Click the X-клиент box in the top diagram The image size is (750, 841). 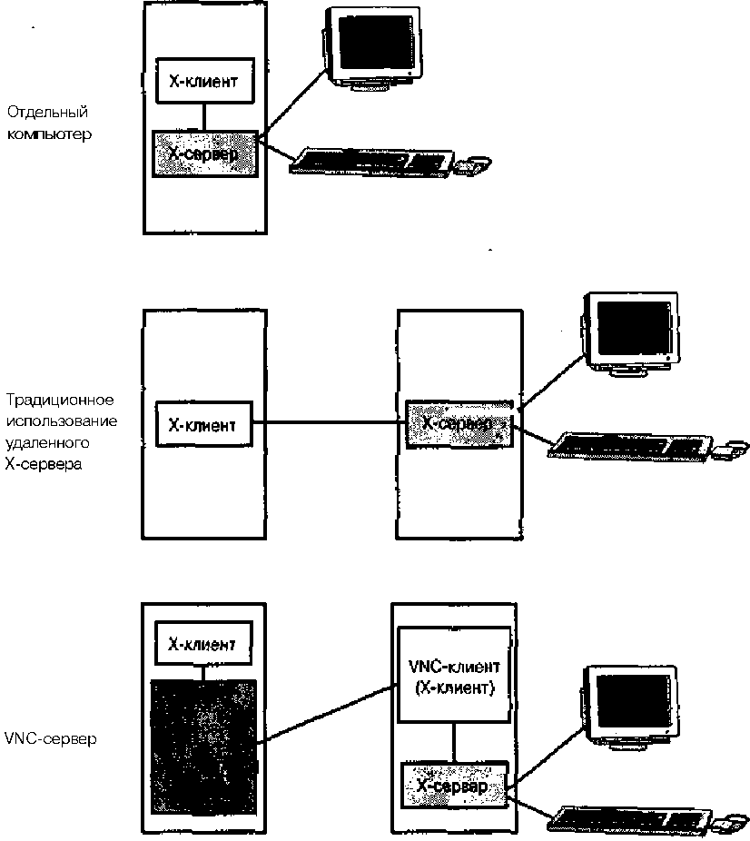click(203, 81)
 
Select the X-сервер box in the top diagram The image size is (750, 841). click(203, 153)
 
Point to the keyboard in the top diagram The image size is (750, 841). click(372, 162)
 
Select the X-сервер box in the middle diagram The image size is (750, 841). click(458, 423)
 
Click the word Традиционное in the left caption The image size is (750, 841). click(61, 400)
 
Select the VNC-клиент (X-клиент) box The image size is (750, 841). click(454, 678)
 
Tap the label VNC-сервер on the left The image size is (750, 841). click(51, 738)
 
